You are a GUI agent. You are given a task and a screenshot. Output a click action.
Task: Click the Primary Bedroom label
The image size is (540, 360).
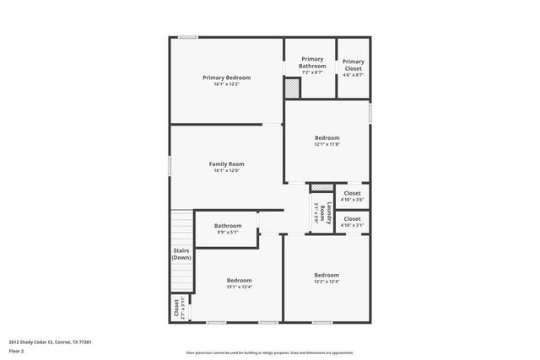(226, 78)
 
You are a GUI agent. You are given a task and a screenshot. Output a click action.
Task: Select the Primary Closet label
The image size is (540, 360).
(353, 62)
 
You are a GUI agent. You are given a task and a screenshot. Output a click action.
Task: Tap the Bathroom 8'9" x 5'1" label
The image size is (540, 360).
(227, 225)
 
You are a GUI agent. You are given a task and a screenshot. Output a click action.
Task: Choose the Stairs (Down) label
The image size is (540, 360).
(181, 254)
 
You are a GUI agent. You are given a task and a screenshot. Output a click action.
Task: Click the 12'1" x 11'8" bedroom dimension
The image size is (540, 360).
(327, 144)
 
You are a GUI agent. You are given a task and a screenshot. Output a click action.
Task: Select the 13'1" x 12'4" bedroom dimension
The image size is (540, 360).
(239, 287)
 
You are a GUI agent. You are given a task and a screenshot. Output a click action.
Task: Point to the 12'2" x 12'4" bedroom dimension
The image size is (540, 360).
(327, 282)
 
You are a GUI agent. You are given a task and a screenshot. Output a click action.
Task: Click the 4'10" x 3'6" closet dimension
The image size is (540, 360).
(352, 199)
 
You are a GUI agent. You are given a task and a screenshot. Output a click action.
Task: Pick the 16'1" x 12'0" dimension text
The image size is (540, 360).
(226, 170)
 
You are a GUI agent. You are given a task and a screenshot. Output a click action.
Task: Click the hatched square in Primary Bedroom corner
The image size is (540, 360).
(292, 88)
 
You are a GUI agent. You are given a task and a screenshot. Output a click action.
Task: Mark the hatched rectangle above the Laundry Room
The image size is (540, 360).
(321, 187)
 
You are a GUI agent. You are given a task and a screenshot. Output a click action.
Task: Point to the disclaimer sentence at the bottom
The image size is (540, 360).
(270, 352)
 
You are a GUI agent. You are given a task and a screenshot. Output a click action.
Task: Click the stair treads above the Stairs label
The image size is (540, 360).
(182, 228)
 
